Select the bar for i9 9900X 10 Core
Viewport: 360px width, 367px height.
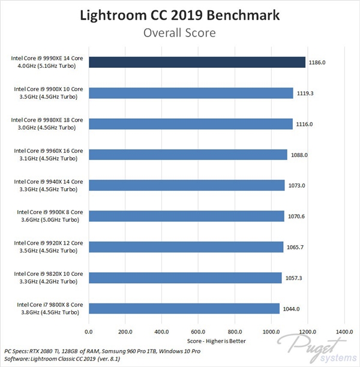[191, 92]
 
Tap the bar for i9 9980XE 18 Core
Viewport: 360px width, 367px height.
[190, 124]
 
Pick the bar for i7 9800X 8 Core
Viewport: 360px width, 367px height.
[184, 308]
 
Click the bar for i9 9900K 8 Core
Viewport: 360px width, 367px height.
[186, 216]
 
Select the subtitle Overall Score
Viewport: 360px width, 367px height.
[180, 34]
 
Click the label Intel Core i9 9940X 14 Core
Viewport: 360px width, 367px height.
[50, 185]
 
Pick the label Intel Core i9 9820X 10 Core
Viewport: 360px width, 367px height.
[50, 277]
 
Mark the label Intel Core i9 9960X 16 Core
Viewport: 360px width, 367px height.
[50, 154]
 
